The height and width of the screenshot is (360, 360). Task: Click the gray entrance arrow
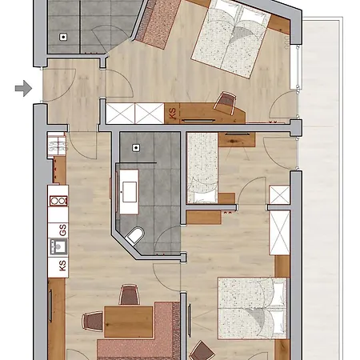pos(24,88)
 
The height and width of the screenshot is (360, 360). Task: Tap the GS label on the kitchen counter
pos(62,230)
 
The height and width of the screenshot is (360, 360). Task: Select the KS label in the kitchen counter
pos(62,266)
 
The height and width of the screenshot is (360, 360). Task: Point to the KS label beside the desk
pos(173,113)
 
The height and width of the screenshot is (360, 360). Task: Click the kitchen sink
pos(58,246)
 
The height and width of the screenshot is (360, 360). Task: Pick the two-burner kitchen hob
pos(58,201)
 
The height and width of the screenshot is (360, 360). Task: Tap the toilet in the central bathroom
pos(135,235)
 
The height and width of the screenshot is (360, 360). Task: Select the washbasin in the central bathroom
pos(129,191)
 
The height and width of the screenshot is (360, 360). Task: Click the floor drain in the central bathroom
pos(136,148)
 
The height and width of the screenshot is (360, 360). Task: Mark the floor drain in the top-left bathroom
pos(63,37)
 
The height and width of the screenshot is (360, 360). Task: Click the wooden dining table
pos(128,322)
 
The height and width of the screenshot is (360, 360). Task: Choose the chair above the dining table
pos(130,294)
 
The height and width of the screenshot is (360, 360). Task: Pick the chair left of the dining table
pos(93,322)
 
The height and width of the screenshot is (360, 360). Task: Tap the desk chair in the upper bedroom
pos(226,103)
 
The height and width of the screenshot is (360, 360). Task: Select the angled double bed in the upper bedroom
pos(231,38)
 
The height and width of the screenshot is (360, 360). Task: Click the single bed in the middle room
pos(202,168)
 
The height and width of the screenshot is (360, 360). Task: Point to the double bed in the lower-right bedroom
pos(253,309)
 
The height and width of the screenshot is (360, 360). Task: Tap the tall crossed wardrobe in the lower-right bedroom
pos(279,233)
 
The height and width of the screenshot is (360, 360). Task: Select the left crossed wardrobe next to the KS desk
pos(120,114)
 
